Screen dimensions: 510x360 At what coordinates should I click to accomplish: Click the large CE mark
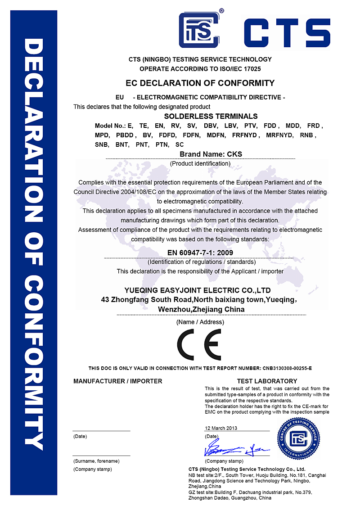pos(198,344)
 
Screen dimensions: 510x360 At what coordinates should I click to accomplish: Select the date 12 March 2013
pos(220,428)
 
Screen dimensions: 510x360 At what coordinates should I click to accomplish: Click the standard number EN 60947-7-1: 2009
pos(200,253)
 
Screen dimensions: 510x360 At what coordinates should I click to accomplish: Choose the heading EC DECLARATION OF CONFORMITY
pos(200,83)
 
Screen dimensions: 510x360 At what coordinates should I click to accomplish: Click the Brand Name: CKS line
pos(211,154)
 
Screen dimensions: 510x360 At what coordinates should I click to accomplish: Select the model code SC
pos(180,144)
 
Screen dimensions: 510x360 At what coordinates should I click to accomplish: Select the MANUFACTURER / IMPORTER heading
pos(117,381)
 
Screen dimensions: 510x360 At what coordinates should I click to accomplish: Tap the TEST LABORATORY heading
pos(267,381)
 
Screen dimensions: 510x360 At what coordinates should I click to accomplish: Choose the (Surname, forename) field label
pos(96,461)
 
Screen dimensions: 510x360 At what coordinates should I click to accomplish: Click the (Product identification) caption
pos(200,164)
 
